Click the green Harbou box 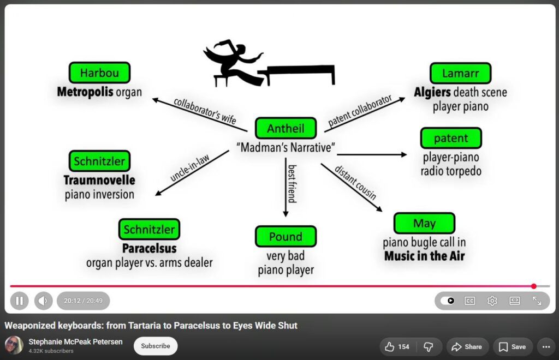(x=99, y=73)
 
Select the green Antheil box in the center (x=286, y=128)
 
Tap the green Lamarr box (x=461, y=73)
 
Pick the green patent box (x=451, y=138)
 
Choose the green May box (x=424, y=223)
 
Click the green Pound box (x=286, y=236)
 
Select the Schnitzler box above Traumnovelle (x=99, y=161)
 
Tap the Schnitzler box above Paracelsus (x=150, y=229)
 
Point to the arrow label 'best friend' (x=292, y=184)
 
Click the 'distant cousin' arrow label (x=355, y=183)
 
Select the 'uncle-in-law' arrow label (x=189, y=167)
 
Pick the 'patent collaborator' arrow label (x=360, y=110)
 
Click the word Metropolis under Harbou (x=85, y=92)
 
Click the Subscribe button (x=156, y=346)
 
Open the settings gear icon (x=492, y=301)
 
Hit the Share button (x=467, y=347)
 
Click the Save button (x=512, y=347)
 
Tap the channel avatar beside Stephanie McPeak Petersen (x=14, y=345)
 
